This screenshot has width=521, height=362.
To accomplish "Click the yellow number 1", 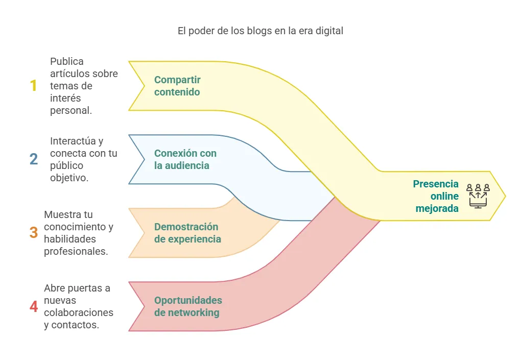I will point(34,85).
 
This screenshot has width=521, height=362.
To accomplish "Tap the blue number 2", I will point(34,159).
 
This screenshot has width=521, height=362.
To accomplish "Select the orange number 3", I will point(34,233).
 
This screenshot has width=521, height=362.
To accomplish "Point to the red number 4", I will point(34,307).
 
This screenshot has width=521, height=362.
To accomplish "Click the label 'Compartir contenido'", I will point(177,86).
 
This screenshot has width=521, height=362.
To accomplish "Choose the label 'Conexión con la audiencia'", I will point(185,159).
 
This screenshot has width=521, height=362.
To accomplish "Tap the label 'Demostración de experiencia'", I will point(187,233).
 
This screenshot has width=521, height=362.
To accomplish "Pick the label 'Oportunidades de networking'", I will point(187,306).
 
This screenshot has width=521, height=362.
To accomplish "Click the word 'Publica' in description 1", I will point(67,61).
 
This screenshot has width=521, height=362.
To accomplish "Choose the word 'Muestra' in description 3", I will point(61,214).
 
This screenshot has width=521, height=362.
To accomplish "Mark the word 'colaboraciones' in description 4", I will point(79,312).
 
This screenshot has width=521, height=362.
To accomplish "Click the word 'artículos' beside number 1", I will point(69,74).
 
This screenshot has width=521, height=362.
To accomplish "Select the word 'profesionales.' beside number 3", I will point(76,251).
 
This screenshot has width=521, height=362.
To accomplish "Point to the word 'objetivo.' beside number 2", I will point(69,178).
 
